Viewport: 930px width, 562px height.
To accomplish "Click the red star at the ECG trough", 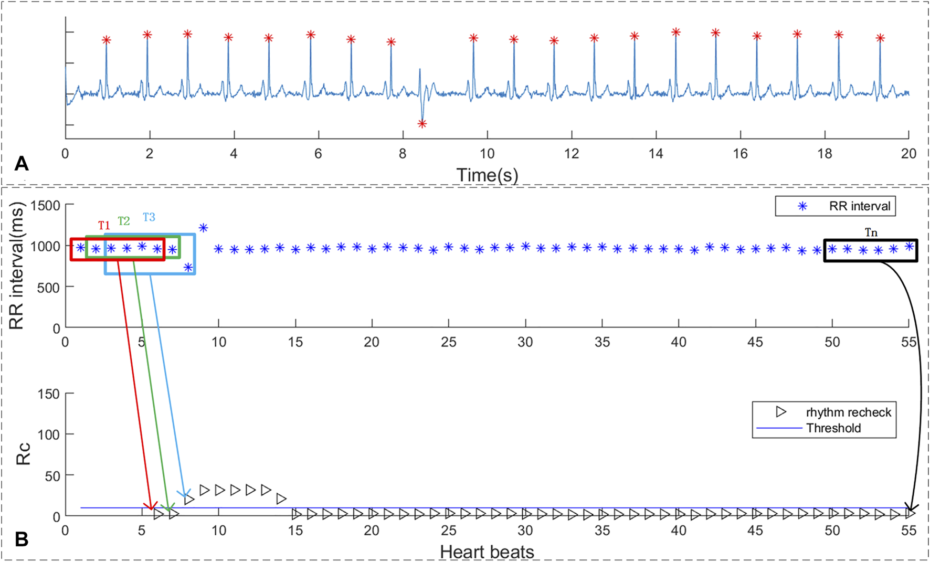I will (422, 124).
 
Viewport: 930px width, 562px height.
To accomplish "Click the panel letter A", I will (22, 164).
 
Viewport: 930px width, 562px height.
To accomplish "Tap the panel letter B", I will (22, 539).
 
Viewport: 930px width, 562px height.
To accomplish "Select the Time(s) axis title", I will (487, 175).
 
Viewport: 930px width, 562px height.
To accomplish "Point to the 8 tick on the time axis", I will (403, 154).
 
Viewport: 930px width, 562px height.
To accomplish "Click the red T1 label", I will (104, 226).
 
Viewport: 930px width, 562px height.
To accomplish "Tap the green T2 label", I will (123, 221).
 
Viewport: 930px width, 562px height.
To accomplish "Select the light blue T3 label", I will (149, 217).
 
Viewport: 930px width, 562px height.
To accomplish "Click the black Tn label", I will (871, 232).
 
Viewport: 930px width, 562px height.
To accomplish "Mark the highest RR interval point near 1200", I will (203, 228).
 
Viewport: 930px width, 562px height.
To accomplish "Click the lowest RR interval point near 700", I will (188, 268).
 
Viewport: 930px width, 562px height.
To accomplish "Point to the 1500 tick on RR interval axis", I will (46, 206).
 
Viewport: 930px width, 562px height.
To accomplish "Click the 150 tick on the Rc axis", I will (49, 394).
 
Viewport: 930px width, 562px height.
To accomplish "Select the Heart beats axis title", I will (487, 552).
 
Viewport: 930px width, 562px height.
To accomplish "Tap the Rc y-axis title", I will (24, 454).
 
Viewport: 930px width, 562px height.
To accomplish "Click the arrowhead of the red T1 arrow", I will (151, 507).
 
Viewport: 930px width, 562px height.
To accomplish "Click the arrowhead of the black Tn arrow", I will (911, 509).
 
